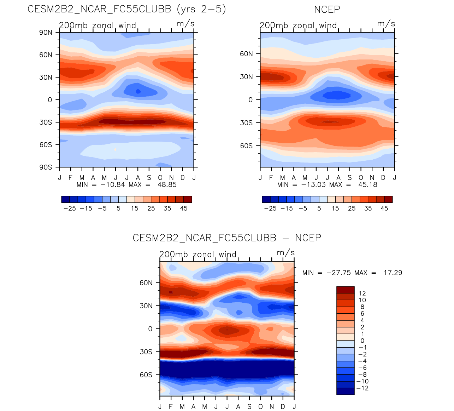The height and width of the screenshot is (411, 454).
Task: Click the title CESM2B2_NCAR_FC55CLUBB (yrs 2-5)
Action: [x=126, y=9]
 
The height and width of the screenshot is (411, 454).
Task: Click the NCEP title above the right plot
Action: [x=327, y=10]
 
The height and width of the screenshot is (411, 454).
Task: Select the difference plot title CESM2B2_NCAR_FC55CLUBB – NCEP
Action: [x=227, y=238]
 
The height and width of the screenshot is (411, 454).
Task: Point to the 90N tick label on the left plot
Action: [x=46, y=33]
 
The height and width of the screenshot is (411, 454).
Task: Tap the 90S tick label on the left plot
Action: [x=46, y=167]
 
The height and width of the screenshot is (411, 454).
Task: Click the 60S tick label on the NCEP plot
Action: [x=246, y=145]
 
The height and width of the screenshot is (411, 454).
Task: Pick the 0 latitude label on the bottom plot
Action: [x=150, y=329]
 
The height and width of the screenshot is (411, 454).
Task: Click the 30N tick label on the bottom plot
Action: [x=146, y=306]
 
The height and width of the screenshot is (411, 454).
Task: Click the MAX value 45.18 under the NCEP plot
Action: [x=368, y=184]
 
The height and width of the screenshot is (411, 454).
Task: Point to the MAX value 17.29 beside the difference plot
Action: [x=393, y=273]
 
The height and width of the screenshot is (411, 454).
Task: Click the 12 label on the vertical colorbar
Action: [x=362, y=293]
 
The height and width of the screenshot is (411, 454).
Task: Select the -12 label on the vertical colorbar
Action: [x=363, y=388]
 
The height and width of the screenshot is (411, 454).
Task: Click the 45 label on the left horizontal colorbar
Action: [x=184, y=209]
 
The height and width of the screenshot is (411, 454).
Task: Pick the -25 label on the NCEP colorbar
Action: [x=270, y=209]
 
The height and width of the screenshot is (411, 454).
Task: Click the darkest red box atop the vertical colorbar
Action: [x=345, y=290]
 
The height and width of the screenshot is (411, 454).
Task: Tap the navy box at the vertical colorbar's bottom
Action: [x=345, y=391]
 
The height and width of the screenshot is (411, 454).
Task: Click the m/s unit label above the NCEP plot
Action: [x=386, y=24]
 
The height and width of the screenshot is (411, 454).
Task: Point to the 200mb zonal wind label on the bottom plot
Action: [x=197, y=254]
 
